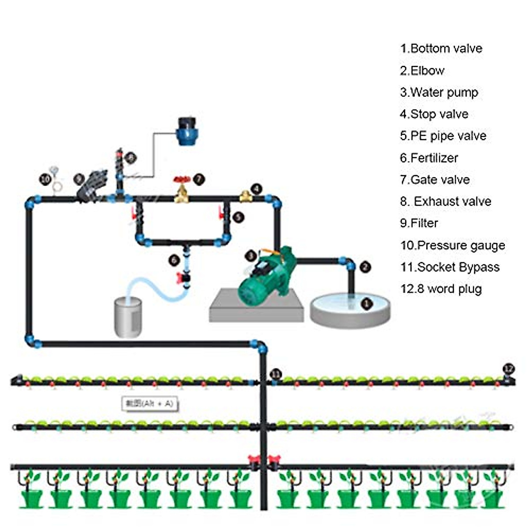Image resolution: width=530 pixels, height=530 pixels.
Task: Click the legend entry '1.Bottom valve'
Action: (441, 49)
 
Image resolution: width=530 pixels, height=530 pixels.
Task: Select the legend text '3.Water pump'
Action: (439, 92)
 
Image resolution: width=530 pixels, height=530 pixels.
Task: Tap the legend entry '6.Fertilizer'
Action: (429, 158)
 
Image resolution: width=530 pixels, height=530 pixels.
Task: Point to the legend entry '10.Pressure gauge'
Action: (452, 245)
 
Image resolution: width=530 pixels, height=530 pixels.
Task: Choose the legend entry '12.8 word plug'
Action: (441, 289)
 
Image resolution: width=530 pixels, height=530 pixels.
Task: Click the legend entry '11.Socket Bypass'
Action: (450, 267)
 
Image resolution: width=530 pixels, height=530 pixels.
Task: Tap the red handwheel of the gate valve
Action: (182, 179)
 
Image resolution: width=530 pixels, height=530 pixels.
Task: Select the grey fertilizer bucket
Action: (128, 317)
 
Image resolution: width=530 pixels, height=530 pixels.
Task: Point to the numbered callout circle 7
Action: (199, 179)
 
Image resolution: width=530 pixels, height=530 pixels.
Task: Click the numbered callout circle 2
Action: (365, 267)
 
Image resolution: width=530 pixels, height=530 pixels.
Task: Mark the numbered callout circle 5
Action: (238, 217)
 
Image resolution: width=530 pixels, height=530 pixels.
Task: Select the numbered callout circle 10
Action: (45, 180)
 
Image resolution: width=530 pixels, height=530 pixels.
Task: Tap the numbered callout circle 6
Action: (174, 260)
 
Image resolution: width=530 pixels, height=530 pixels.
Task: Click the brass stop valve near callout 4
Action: (246, 196)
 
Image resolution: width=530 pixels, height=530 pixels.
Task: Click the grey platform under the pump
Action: (256, 309)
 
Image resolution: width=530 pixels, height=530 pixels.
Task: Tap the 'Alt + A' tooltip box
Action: (150, 403)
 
